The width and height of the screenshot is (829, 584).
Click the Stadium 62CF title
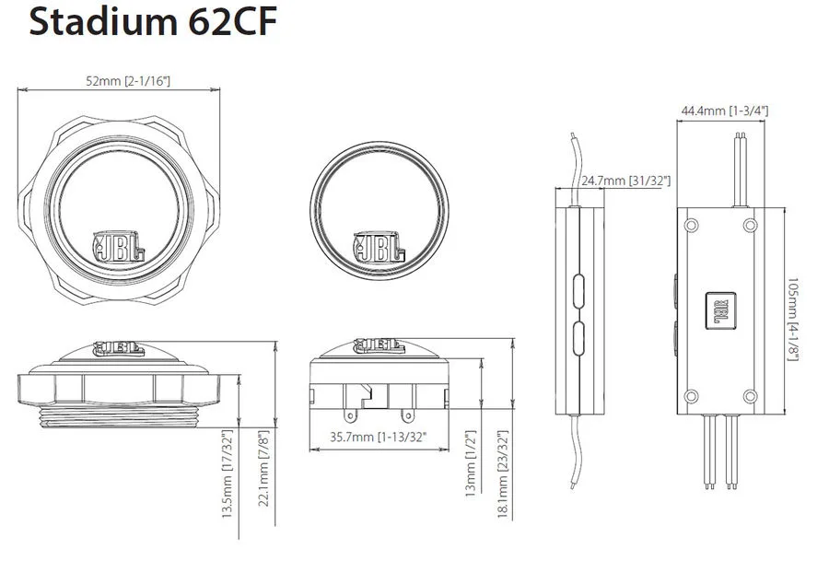(153, 23)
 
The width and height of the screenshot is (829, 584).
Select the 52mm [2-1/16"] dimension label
(128, 81)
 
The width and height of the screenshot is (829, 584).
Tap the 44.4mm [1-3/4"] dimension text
(724, 111)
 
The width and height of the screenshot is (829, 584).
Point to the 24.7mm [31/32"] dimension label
(626, 181)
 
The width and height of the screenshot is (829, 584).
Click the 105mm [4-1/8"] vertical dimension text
(793, 320)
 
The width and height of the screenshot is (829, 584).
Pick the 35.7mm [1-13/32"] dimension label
(378, 437)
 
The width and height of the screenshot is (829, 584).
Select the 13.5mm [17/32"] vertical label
(228, 473)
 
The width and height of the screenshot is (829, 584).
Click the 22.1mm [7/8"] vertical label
(263, 468)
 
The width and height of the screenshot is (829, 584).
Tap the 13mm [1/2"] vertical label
(471, 463)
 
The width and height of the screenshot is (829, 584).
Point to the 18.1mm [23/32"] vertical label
(503, 473)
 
